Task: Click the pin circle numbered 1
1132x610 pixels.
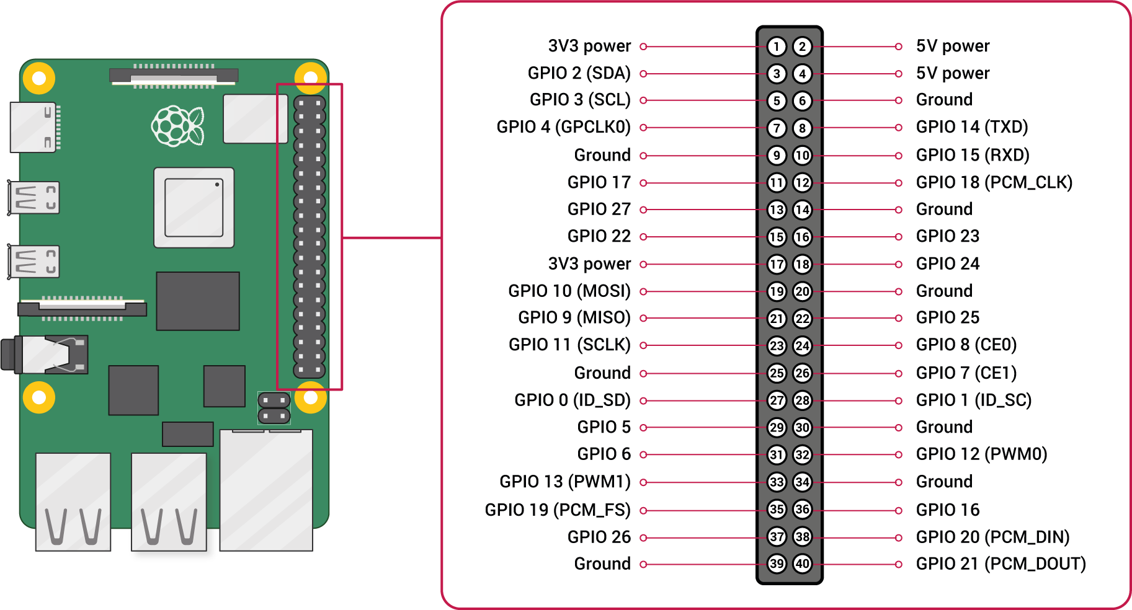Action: (x=777, y=46)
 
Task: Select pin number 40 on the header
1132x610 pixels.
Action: (x=803, y=564)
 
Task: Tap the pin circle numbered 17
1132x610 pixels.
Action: (x=777, y=264)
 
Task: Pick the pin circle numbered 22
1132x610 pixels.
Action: (x=803, y=319)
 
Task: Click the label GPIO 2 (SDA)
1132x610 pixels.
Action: (x=579, y=73)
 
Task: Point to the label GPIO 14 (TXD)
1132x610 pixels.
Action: (x=972, y=127)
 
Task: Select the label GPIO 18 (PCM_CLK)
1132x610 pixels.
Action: (x=994, y=182)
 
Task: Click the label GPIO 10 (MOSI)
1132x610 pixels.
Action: (x=569, y=291)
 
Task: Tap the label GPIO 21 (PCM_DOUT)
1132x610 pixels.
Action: (x=1001, y=564)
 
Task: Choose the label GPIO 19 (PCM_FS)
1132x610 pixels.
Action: (x=557, y=510)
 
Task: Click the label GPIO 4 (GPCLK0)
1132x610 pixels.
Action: (x=563, y=127)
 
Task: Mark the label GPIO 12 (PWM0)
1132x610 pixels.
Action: (x=981, y=454)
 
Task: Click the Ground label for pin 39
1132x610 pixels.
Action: (x=602, y=564)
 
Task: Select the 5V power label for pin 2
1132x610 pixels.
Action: (x=953, y=46)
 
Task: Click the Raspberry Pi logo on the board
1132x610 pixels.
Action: (x=178, y=126)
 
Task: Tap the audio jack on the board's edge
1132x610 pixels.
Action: (x=45, y=355)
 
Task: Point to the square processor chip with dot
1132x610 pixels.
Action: (x=194, y=208)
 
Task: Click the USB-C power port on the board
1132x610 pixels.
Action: (x=35, y=127)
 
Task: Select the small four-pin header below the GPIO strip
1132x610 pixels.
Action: (x=274, y=408)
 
